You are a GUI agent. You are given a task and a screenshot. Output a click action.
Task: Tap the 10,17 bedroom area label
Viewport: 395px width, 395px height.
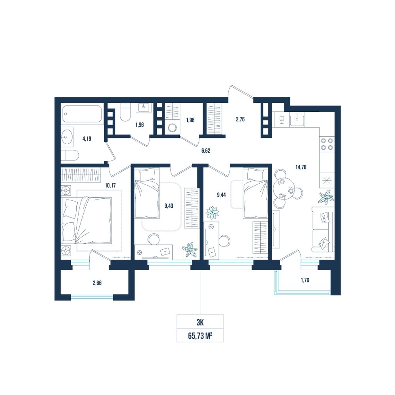[110, 186]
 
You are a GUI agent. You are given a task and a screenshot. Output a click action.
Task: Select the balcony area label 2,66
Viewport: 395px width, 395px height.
[97, 283]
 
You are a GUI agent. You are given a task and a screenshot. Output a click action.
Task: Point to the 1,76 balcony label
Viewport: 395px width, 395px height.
[305, 280]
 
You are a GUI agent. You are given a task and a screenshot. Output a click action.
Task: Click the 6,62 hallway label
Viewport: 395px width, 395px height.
[205, 150]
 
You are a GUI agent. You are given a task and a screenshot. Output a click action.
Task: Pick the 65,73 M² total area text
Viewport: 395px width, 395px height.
[200, 336]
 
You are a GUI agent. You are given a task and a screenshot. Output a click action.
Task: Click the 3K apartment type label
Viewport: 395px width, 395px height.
[200, 322]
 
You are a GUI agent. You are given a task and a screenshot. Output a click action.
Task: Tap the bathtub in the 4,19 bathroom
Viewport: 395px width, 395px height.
[82, 114]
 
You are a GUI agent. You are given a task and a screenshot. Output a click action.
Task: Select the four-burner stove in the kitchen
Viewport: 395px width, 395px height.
[327, 144]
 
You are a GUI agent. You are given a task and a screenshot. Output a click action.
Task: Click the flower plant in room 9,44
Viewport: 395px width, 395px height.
[212, 213]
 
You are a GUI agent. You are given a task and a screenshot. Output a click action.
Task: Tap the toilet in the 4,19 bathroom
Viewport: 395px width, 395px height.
[70, 155]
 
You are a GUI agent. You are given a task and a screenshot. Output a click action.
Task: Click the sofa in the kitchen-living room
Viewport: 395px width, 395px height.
[323, 229]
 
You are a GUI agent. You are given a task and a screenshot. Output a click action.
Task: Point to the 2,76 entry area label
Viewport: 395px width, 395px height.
[240, 119]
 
